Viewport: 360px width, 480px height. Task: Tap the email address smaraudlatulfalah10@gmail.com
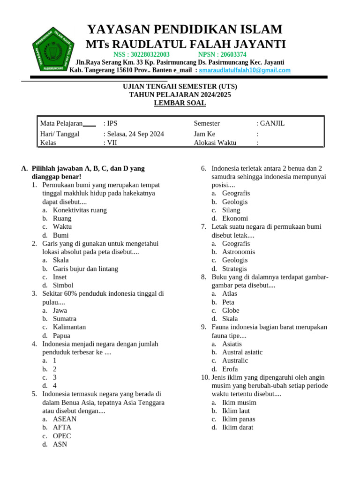[x=245, y=70]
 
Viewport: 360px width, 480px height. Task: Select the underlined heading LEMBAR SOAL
[x=180, y=103]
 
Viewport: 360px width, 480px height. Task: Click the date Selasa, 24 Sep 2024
[x=135, y=134]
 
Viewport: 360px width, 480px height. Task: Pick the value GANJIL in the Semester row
[x=272, y=123]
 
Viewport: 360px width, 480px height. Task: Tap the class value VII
[x=112, y=143]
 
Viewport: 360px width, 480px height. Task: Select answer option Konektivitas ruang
[x=80, y=210]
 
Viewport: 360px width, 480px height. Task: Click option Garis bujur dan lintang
[x=85, y=269]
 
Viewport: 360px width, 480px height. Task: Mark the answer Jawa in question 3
[x=60, y=310]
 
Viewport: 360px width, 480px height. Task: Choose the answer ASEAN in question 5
[x=65, y=419]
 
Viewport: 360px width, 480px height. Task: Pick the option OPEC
[x=62, y=436]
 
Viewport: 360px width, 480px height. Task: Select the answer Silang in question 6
[x=231, y=210]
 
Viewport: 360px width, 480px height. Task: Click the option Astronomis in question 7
[x=239, y=252]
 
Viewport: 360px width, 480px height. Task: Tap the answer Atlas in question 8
[x=230, y=293]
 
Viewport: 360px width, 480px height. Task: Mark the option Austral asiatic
[x=242, y=352]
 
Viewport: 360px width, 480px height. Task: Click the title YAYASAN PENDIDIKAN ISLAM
[x=185, y=30]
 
